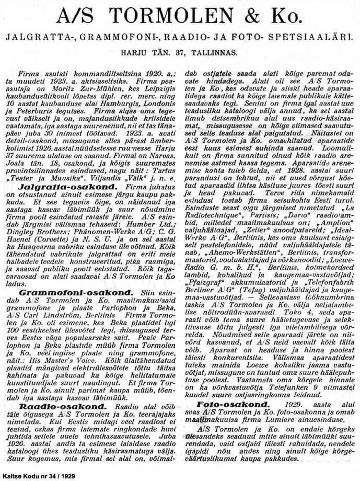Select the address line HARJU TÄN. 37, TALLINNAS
coord(179,53)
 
